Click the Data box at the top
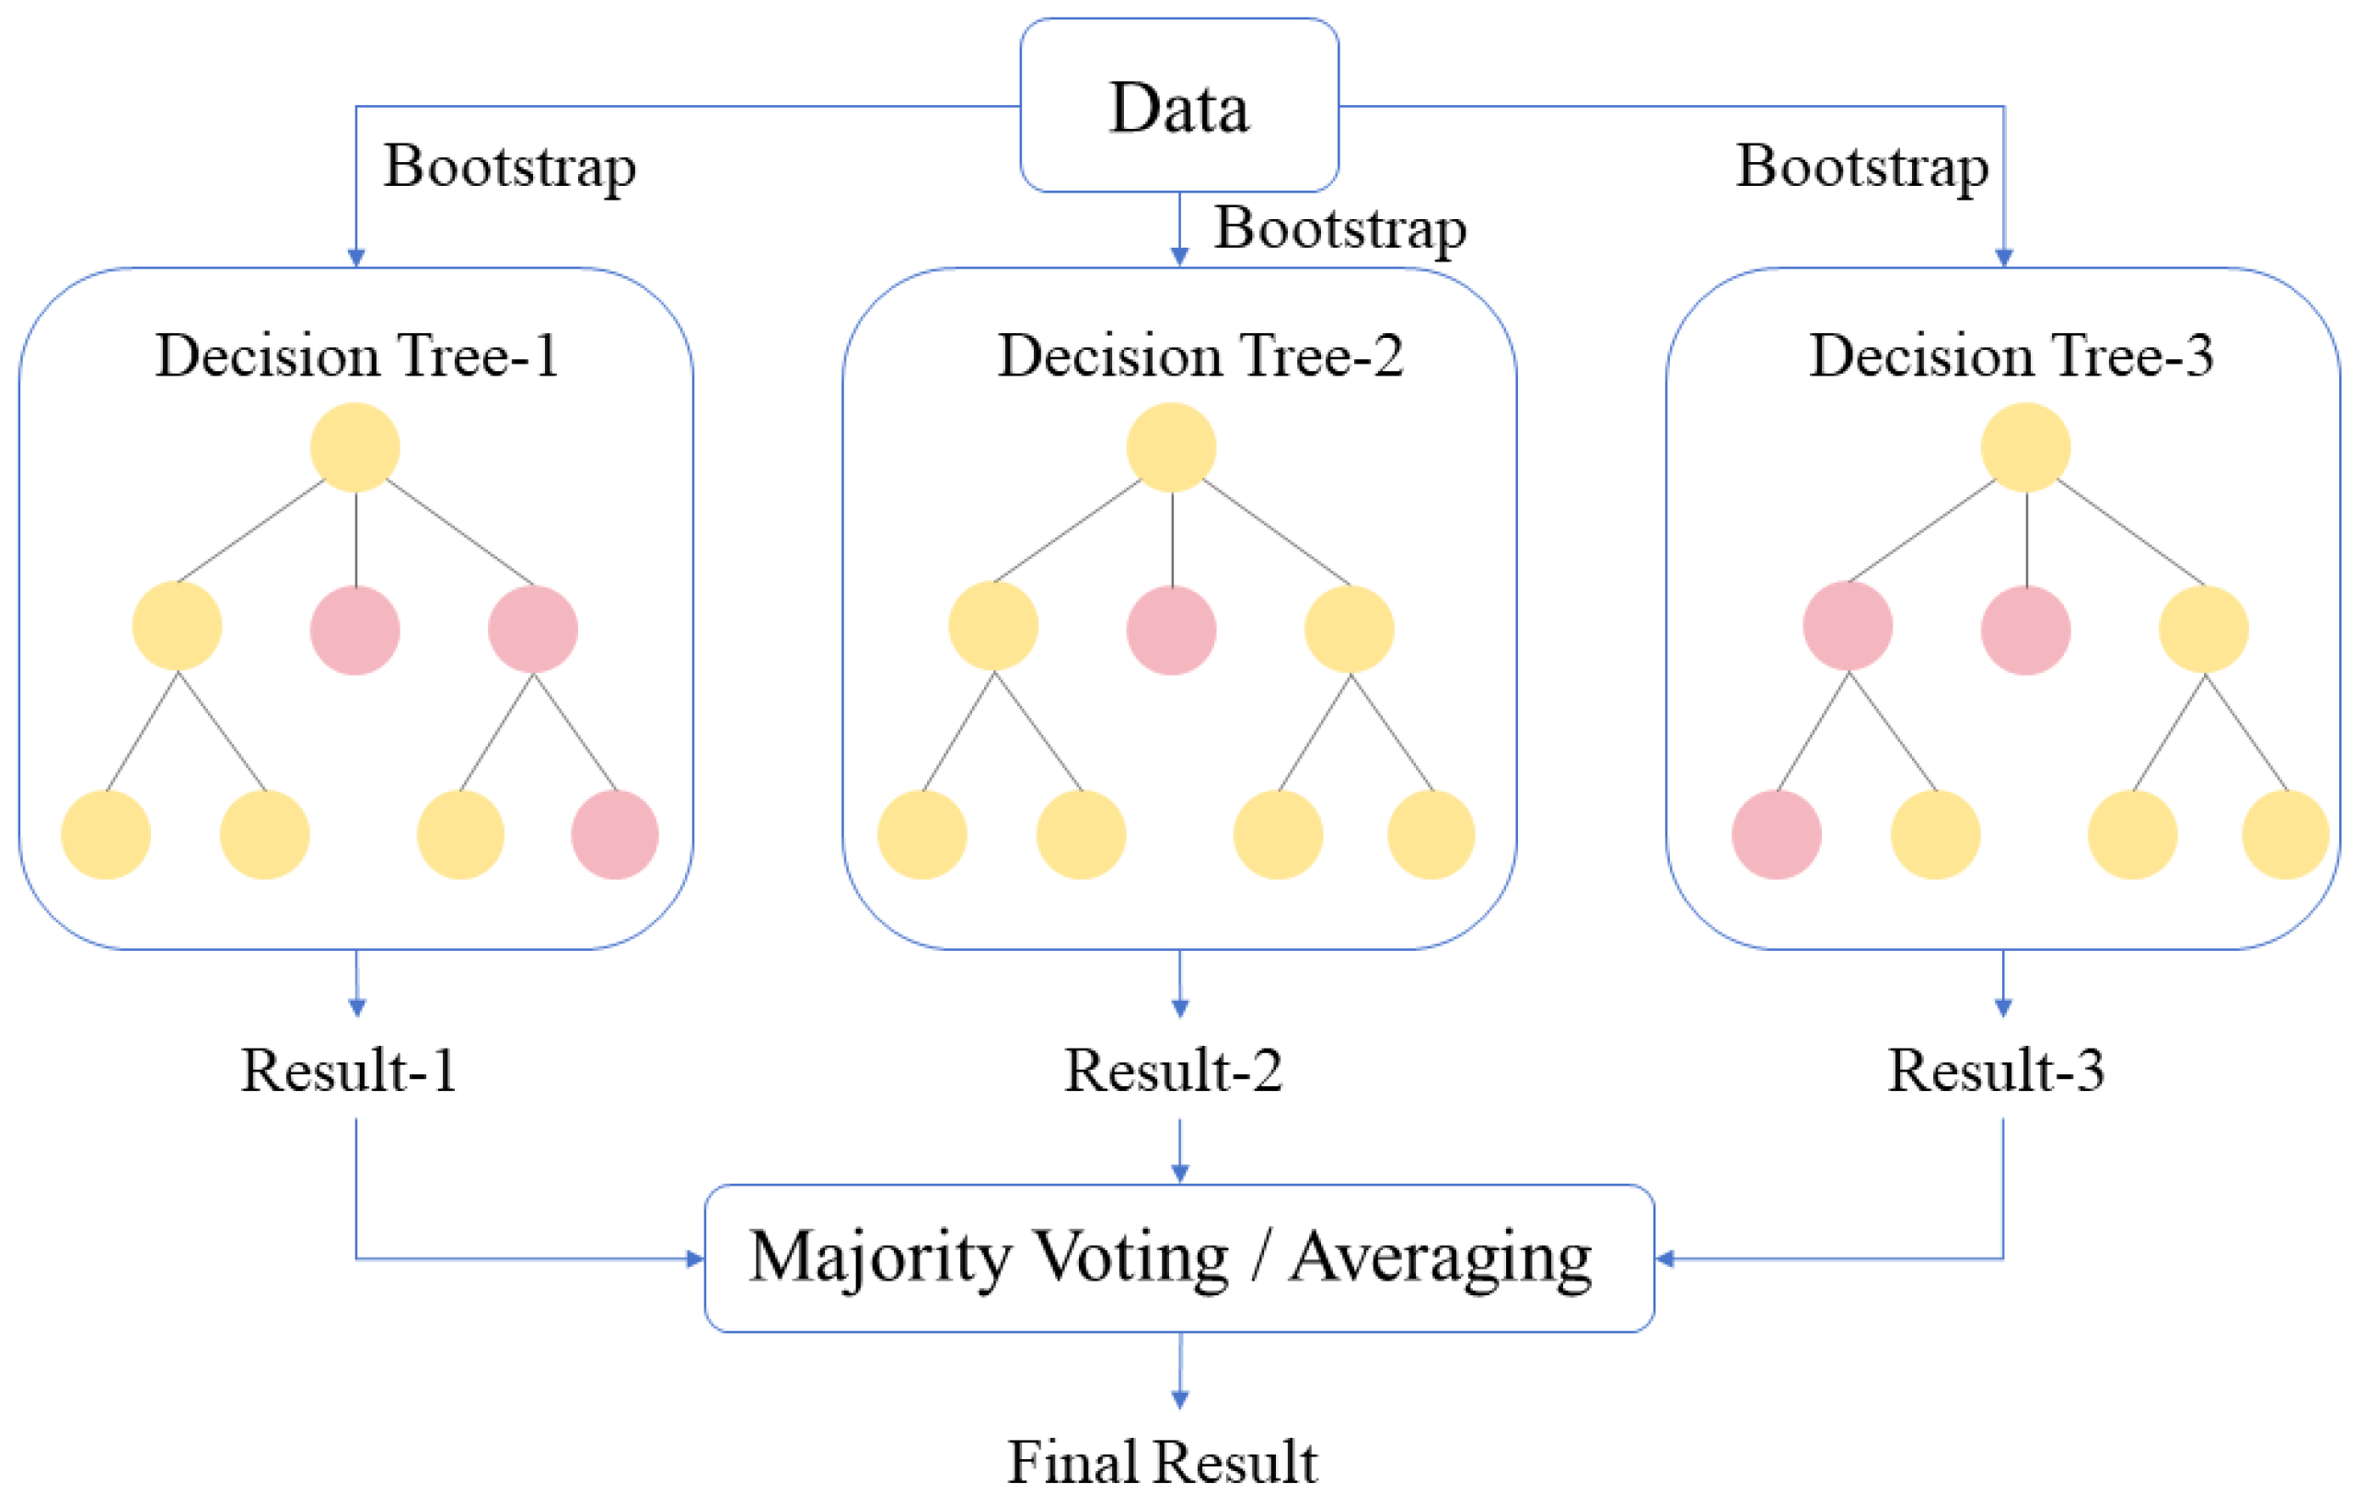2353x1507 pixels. [1179, 105]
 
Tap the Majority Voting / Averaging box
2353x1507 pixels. [1179, 1258]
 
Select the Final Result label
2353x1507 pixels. [1163, 1463]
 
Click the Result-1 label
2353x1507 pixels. [348, 1070]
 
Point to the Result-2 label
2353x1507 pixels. [1173, 1070]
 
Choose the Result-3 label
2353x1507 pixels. [1996, 1070]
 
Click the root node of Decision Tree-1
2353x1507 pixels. [355, 447]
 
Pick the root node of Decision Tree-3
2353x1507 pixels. [2025, 447]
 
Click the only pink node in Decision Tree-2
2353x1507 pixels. [1171, 630]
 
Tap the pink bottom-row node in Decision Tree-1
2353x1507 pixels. [614, 835]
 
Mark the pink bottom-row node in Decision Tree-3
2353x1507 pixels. [1776, 835]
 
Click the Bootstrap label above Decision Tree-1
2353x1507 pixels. [510, 168]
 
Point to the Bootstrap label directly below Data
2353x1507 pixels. [1340, 230]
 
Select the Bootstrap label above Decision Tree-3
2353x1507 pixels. [1861, 168]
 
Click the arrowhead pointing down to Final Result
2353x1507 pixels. [1180, 1399]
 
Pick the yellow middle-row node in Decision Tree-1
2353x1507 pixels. [177, 626]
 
